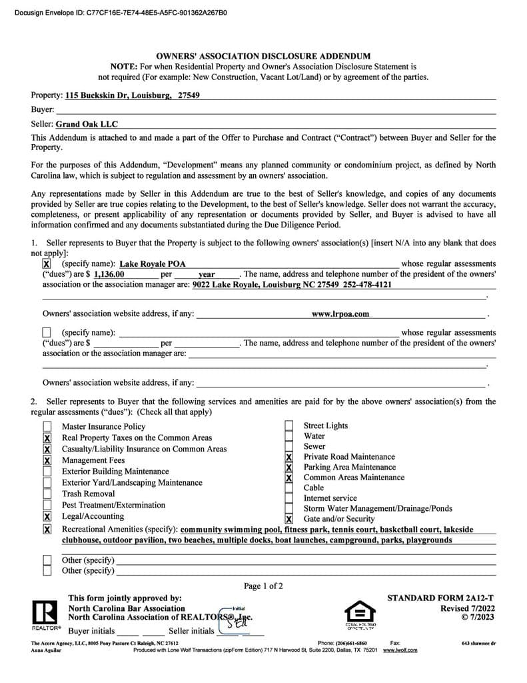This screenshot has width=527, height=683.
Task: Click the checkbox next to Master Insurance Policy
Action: pos(47,427)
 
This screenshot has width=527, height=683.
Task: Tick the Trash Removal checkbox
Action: pos(47,494)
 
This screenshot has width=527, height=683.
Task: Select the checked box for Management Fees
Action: pos(47,460)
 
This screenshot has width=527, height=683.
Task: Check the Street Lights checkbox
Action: pos(288,426)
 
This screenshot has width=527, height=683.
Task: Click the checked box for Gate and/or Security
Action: pos(289,519)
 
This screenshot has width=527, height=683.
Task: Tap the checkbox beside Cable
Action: pos(288,488)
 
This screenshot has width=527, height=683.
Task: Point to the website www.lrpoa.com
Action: pos(340,313)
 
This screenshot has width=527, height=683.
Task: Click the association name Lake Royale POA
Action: pos(153,264)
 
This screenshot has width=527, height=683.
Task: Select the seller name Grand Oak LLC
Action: pos(87,124)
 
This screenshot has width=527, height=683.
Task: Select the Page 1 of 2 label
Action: pos(263,586)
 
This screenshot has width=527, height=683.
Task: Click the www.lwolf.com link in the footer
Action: pos(400,650)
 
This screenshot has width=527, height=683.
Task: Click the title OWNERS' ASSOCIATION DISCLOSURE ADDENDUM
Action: pos(263,57)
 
